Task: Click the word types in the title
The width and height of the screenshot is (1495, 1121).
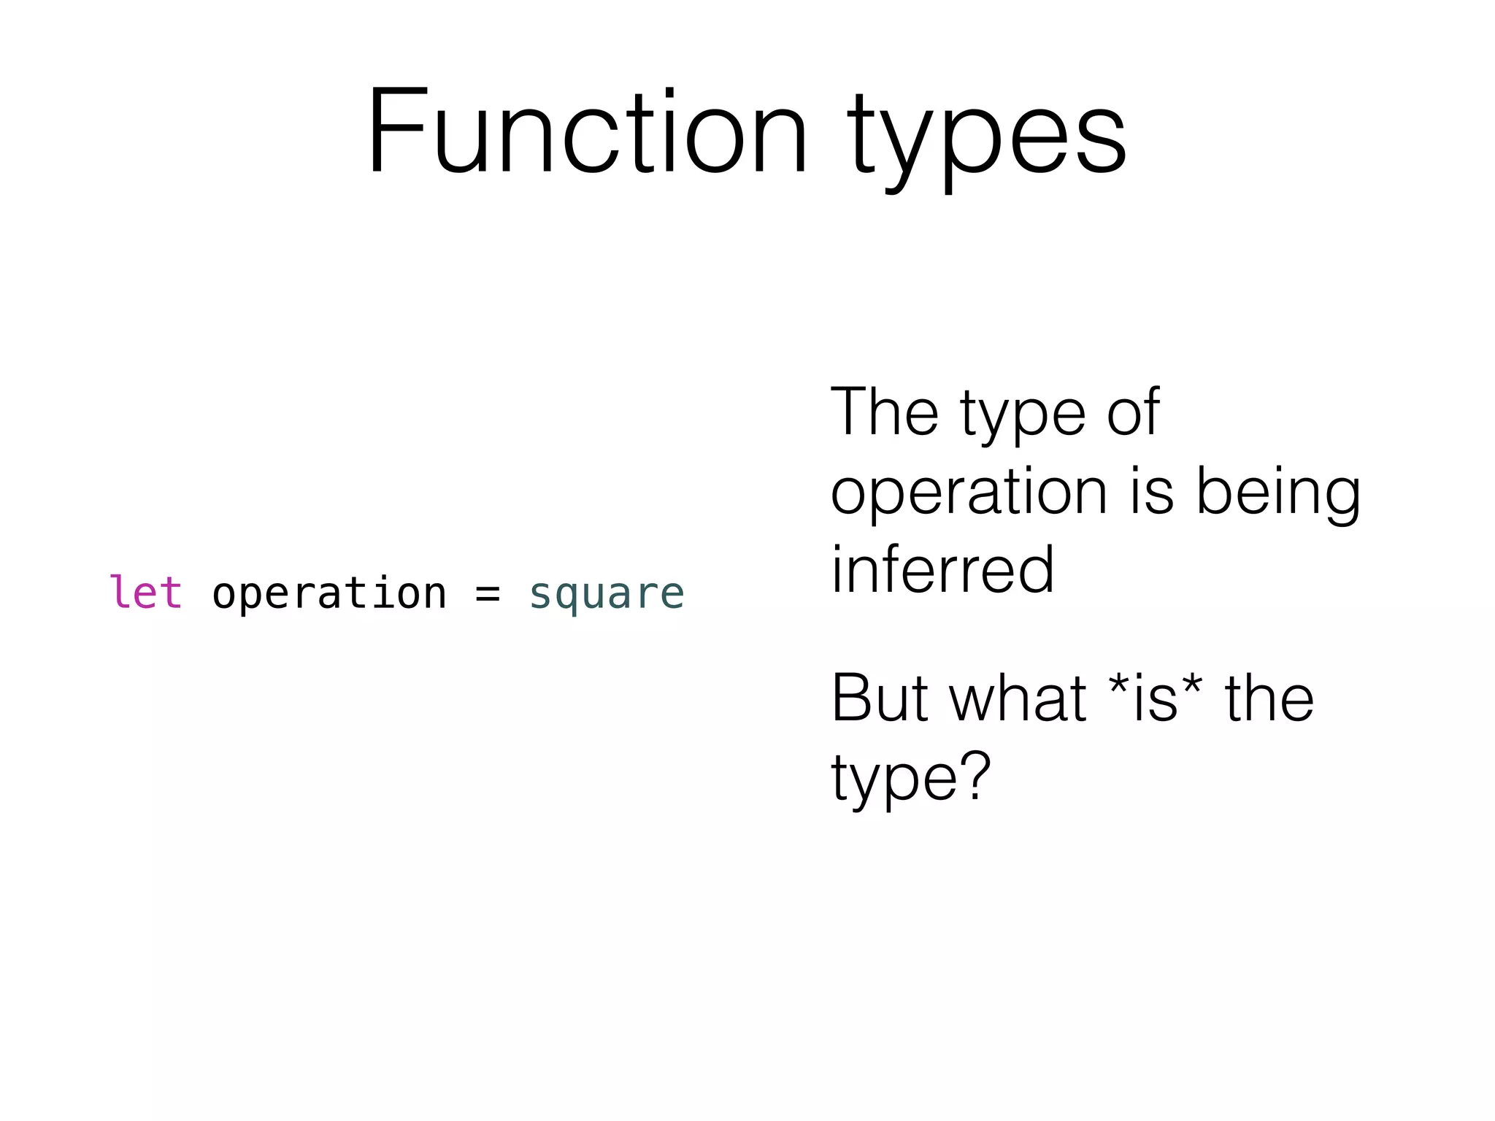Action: (x=987, y=139)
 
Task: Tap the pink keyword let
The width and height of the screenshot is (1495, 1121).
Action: (x=145, y=592)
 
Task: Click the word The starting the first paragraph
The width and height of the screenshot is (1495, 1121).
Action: (x=884, y=412)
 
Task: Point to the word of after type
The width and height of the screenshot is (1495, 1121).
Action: (x=1132, y=412)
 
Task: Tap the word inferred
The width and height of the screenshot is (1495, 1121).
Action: (x=942, y=570)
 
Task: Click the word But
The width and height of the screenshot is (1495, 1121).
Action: (x=879, y=698)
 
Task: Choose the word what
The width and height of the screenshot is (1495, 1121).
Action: (x=1018, y=698)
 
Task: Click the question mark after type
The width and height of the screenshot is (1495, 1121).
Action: (x=975, y=776)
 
